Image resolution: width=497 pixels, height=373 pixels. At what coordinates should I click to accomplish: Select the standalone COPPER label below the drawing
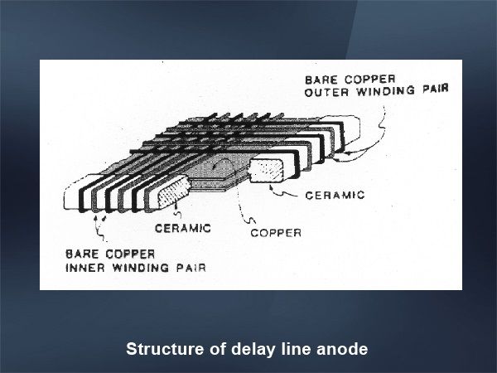276,232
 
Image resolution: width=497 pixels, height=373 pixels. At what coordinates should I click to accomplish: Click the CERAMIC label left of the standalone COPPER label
183,226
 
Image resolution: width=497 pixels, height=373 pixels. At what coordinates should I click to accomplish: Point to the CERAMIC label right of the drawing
335,196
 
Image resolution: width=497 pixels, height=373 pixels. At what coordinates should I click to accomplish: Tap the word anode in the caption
342,349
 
